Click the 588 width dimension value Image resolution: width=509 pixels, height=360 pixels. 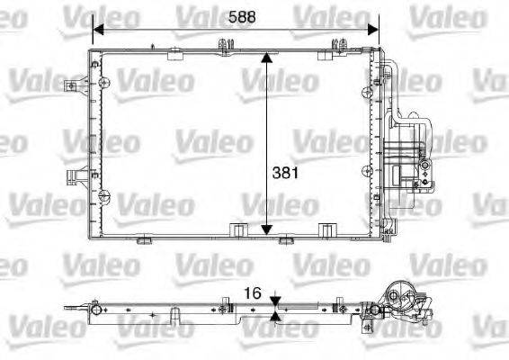tap(238, 15)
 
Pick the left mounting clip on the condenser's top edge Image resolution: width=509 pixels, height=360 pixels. tap(221, 42)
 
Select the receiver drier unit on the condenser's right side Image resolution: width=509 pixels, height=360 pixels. tap(414, 153)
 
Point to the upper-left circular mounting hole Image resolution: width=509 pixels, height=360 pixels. tap(106, 84)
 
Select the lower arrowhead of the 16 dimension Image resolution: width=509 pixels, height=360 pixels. tap(275, 315)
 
